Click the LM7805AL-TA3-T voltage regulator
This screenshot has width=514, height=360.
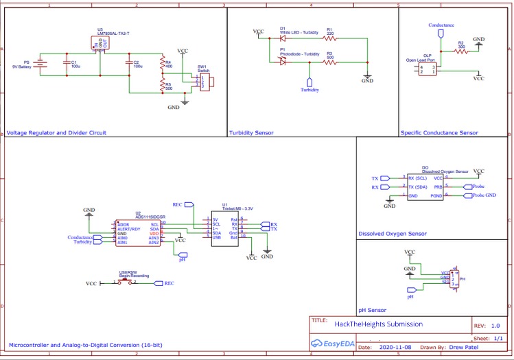(x=100, y=45)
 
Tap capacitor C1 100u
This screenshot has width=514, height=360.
(x=65, y=64)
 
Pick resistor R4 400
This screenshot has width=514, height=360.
(x=162, y=64)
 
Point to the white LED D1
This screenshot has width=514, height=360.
(x=282, y=38)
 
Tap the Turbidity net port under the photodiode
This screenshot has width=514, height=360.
(x=309, y=88)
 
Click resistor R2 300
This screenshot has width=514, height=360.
(x=461, y=51)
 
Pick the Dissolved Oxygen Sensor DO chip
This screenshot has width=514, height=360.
(x=425, y=187)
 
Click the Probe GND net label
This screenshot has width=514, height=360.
(x=484, y=195)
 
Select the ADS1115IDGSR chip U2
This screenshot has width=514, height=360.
(x=138, y=233)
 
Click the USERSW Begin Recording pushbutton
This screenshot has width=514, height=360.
(x=125, y=282)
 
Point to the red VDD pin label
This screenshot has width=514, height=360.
(x=154, y=233)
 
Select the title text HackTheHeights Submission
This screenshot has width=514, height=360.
(x=378, y=324)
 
